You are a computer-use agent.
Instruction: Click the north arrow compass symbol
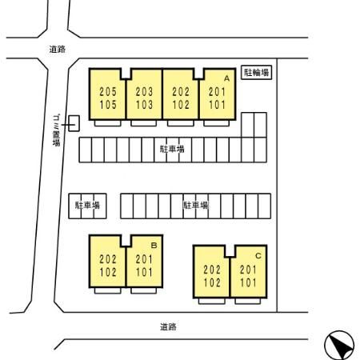pyautogui.click(x=339, y=346)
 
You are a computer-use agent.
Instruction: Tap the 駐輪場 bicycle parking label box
pyautogui.click(x=256, y=72)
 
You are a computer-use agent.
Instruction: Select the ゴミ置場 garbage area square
pyautogui.click(x=74, y=123)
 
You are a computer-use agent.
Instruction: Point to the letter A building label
pyautogui.click(x=226, y=78)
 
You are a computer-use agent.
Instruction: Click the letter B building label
pyautogui.click(x=154, y=245)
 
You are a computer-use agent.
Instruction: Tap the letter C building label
pyautogui.click(x=258, y=256)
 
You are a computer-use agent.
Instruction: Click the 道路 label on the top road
pyautogui.click(x=58, y=49)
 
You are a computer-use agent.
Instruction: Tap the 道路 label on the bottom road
pyautogui.click(x=168, y=326)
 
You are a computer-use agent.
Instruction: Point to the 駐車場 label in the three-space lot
pyautogui.click(x=87, y=205)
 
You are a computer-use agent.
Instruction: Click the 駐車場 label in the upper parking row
pyautogui.click(x=172, y=149)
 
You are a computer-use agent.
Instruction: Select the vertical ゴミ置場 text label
pyautogui.click(x=56, y=130)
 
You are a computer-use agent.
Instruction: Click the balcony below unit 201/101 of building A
pyautogui.click(x=216, y=123)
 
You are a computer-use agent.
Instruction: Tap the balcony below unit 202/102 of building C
pyautogui.click(x=212, y=301)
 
